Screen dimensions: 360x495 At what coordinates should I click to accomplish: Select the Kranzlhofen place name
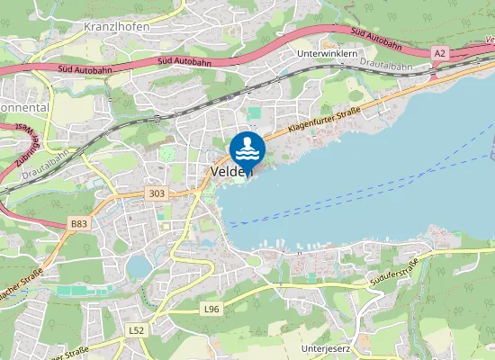(x=116, y=26)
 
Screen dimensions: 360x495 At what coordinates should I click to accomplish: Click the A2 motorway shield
(x=439, y=54)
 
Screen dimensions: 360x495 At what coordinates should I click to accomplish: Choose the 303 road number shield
(x=157, y=193)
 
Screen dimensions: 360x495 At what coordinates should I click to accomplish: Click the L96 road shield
(x=211, y=309)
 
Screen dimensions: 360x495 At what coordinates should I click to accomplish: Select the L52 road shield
(x=137, y=330)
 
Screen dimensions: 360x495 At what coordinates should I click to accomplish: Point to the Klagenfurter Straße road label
(x=324, y=119)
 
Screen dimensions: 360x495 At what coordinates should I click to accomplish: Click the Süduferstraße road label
(x=394, y=273)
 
